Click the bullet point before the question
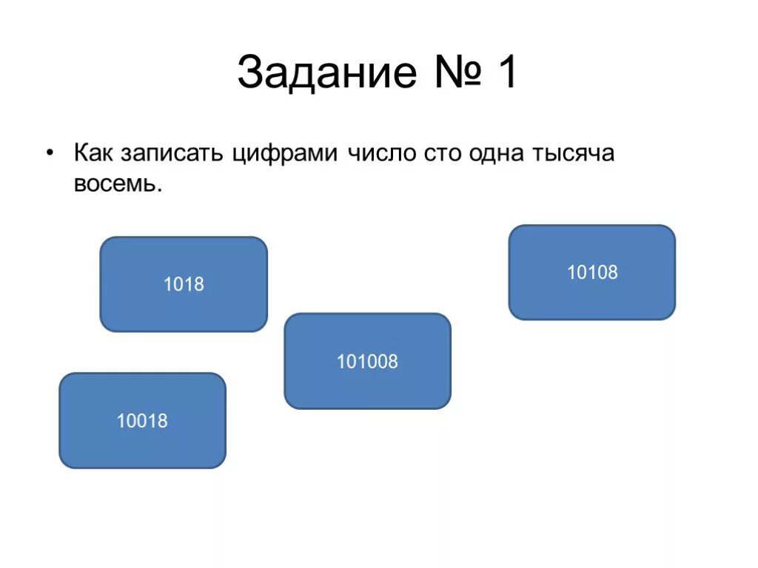click(x=50, y=154)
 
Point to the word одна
click(x=495, y=155)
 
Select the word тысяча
click(x=572, y=155)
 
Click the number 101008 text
click(x=367, y=362)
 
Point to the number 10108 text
click(x=592, y=273)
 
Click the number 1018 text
click(x=184, y=284)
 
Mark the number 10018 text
click(x=142, y=421)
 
